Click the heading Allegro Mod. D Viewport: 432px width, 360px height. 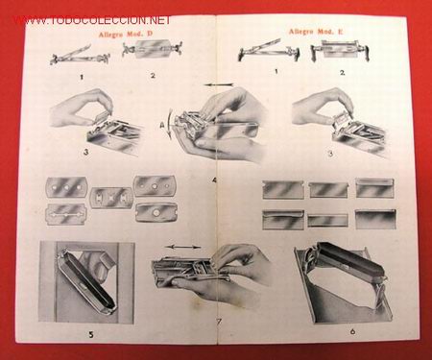(125, 35)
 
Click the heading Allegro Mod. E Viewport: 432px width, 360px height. (315, 32)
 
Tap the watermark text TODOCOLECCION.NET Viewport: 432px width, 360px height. (109, 20)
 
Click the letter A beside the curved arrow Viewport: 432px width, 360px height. (162, 127)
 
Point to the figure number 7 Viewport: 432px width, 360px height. (219, 322)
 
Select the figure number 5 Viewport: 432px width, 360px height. (91, 335)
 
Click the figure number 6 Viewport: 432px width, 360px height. (352, 331)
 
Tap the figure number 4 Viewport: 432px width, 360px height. (215, 180)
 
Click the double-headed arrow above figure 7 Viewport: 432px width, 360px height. (184, 247)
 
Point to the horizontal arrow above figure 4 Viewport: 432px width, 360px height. (219, 84)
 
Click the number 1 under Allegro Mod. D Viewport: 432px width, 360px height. (82, 77)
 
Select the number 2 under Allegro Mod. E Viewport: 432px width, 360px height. (343, 73)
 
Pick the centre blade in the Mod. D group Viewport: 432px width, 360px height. (111, 199)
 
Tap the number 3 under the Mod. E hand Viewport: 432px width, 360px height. (330, 154)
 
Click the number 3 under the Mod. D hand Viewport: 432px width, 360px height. (85, 152)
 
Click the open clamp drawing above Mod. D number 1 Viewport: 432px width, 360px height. (80, 56)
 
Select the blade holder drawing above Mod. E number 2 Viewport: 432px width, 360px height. (340, 51)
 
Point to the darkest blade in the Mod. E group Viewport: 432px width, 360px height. (375, 219)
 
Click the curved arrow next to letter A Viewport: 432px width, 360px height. (171, 128)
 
